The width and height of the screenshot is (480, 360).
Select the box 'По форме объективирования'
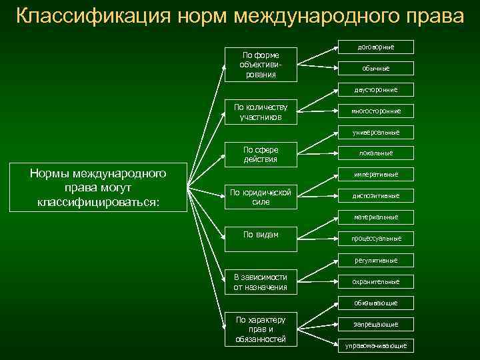tap(261, 65)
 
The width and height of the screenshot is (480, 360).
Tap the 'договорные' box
tap(376, 47)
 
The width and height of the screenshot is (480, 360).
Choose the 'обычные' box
tap(376, 68)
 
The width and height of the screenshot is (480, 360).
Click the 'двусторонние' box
tap(376, 89)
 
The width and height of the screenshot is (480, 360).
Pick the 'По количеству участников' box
tap(261, 112)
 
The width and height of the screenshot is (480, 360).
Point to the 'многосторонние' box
tap(376, 111)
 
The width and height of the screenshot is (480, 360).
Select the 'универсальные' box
tap(376, 132)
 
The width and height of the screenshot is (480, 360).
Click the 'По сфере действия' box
tap(261, 155)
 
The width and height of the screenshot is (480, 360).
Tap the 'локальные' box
tap(376, 153)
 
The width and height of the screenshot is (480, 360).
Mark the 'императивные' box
tap(376, 175)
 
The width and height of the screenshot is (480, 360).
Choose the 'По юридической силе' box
tap(261, 197)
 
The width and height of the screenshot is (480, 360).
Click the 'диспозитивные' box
tap(376, 196)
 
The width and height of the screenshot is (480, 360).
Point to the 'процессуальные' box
tap(376, 238)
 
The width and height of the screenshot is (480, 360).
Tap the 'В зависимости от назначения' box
tap(261, 282)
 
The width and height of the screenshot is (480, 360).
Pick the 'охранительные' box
tap(376, 281)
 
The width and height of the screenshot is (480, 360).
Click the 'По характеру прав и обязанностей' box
tap(261, 330)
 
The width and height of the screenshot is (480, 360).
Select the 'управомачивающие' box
tap(376, 345)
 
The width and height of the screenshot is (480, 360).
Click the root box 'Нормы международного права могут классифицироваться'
tap(98, 187)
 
